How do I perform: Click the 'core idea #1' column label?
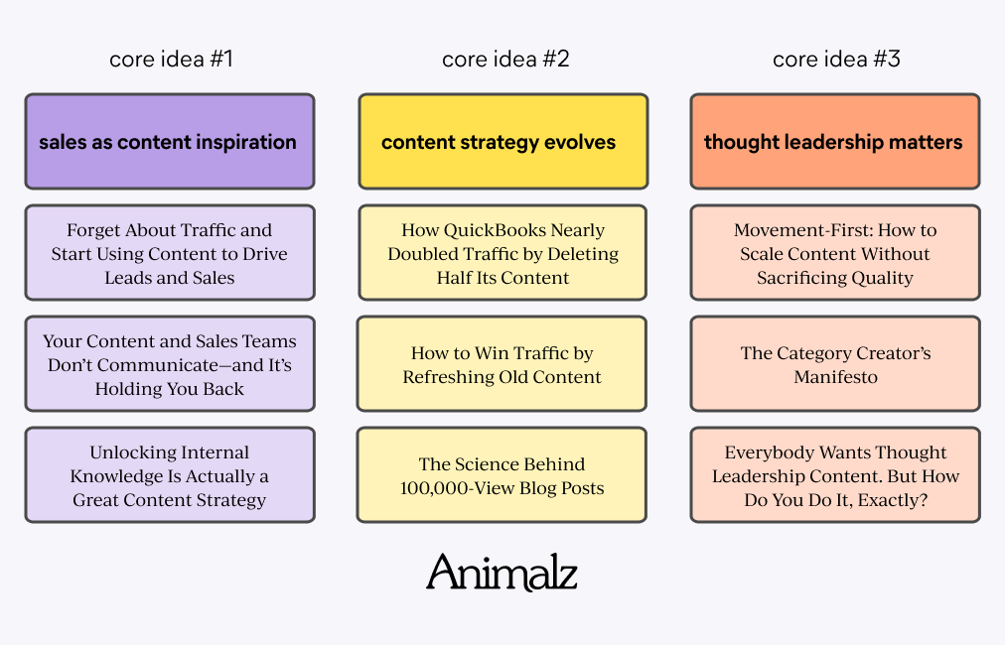[x=171, y=60]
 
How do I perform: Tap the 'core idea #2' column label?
[x=504, y=60]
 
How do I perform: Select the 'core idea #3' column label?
[x=836, y=60]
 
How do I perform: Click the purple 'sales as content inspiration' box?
[x=169, y=142]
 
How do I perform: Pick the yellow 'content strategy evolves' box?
[x=502, y=142]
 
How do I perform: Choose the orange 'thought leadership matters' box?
[x=834, y=142]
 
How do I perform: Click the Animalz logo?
[x=502, y=573]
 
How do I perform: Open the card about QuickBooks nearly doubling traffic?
[x=502, y=253]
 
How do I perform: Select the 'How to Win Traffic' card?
[x=502, y=364]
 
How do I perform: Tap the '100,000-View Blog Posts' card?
[x=502, y=475]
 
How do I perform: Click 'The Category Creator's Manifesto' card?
[x=834, y=364]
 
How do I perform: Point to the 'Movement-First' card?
[x=834, y=253]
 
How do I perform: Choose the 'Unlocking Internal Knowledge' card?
[x=169, y=475]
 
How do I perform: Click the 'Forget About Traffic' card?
[x=169, y=253]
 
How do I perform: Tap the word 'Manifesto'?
[x=835, y=377]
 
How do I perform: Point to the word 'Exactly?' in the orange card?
[x=891, y=500]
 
